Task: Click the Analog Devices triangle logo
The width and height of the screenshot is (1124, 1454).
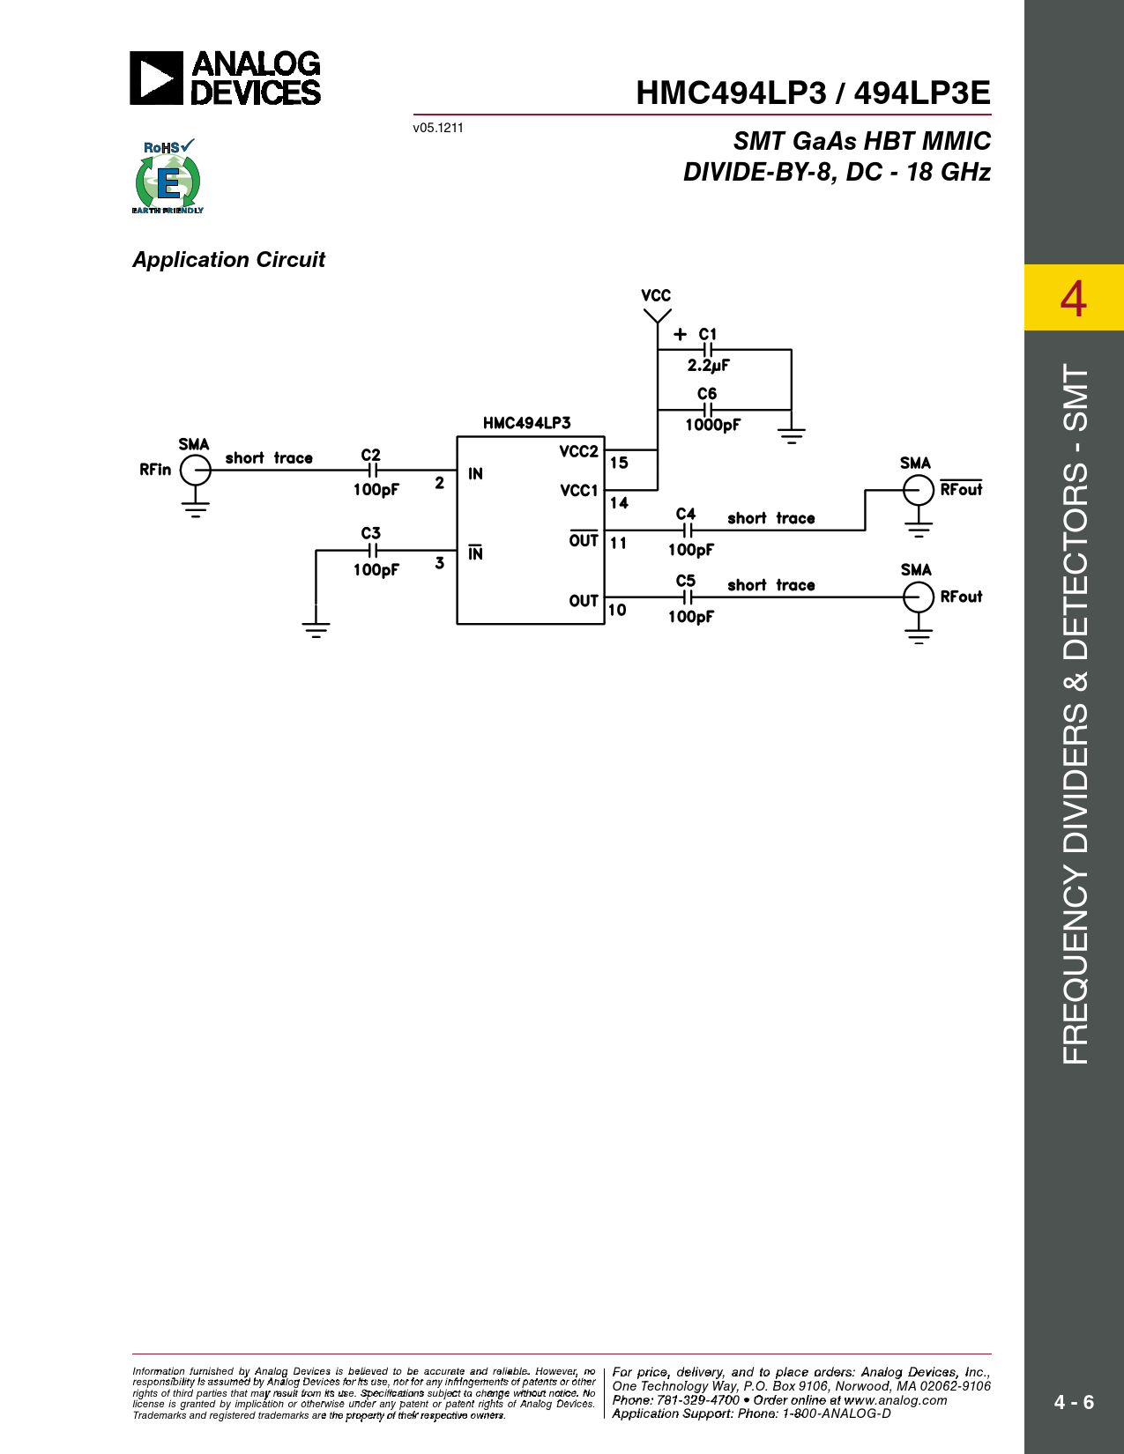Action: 156,78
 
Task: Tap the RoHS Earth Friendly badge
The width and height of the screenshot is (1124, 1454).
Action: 167,176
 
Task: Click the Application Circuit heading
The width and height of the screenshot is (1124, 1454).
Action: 228,260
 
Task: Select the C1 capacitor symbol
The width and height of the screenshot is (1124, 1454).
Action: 707,349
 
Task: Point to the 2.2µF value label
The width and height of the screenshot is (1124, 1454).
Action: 708,366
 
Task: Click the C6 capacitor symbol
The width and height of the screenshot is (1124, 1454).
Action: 707,410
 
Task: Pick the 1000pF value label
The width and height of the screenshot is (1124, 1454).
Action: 712,425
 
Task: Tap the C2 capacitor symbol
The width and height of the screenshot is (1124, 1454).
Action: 373,470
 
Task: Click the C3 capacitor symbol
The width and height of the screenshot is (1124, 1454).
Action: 373,550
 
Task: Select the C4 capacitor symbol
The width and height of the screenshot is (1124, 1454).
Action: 688,530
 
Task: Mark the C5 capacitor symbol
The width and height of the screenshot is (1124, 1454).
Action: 688,597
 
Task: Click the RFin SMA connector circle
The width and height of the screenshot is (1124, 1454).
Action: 196,470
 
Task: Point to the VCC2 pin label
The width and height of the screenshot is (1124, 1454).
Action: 578,452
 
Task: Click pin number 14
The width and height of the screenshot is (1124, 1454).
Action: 619,503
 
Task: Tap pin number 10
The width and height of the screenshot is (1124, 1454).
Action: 617,610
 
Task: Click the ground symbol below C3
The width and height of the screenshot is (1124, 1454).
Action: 316,630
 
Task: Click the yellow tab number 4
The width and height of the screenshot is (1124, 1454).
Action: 1073,299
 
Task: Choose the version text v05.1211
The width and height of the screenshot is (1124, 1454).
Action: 438,128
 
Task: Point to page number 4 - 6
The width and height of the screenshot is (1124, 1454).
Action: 1074,1402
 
